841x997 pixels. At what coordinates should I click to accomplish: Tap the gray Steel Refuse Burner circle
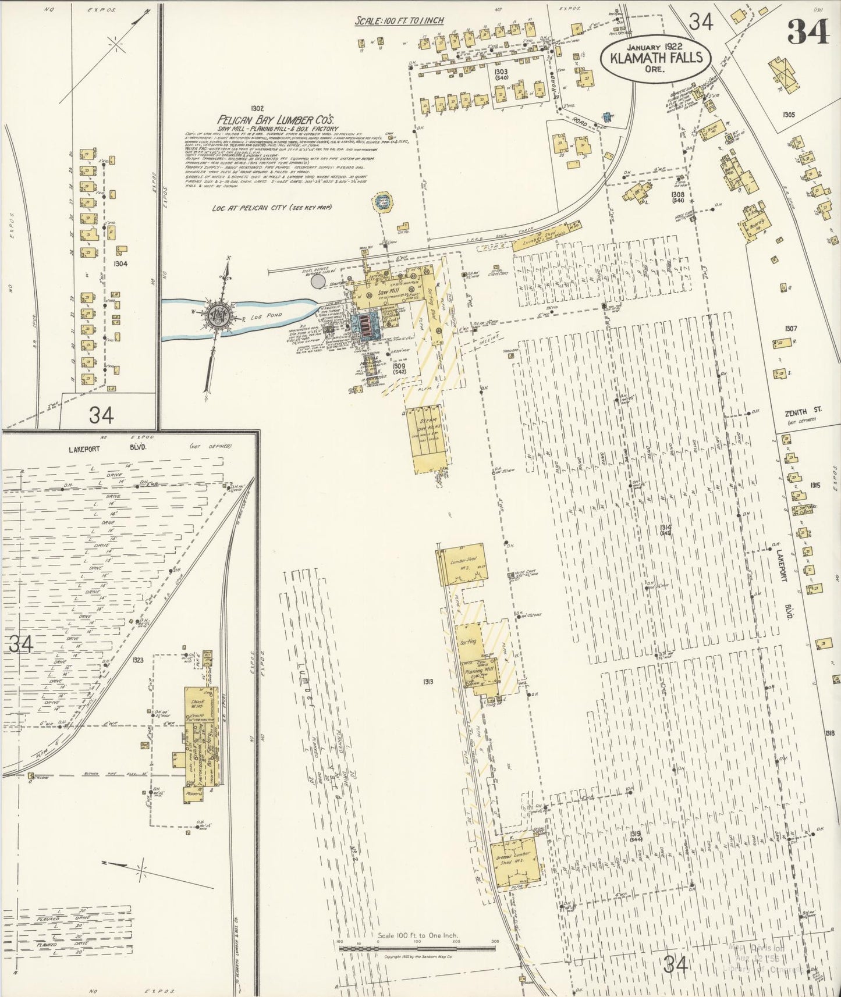pyautogui.click(x=318, y=282)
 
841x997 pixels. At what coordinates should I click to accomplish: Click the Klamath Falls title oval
pyautogui.click(x=655, y=58)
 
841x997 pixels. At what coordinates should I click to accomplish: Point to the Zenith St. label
pyautogui.click(x=803, y=410)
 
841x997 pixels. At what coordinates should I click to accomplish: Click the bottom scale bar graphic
pyautogui.click(x=417, y=948)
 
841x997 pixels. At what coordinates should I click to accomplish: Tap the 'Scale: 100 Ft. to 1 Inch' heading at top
pyautogui.click(x=399, y=21)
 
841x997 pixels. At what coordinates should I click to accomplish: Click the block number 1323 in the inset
pyautogui.click(x=138, y=660)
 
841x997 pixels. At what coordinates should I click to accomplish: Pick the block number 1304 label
pyautogui.click(x=120, y=263)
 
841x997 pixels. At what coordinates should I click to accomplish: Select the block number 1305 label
pyautogui.click(x=789, y=115)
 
